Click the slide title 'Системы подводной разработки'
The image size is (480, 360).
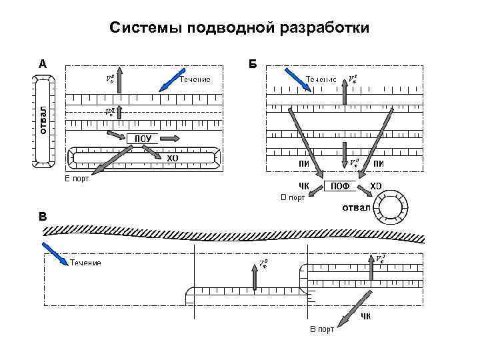[239, 29]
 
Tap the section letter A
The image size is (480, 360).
[42, 65]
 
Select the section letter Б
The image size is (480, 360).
[253, 65]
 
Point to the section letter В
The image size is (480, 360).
[43, 217]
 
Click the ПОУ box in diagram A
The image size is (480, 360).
[143, 139]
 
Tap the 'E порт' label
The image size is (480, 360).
[77, 179]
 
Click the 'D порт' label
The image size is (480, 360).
[292, 198]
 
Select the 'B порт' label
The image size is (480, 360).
[322, 329]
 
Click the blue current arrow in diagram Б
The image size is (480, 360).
[294, 77]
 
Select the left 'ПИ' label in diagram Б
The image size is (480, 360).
[303, 164]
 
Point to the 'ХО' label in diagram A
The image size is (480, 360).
[172, 159]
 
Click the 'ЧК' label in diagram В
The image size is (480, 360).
[366, 315]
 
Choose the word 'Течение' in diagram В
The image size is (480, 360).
[85, 263]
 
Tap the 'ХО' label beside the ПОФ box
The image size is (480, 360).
[375, 185]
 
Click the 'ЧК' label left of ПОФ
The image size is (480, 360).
[304, 185]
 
